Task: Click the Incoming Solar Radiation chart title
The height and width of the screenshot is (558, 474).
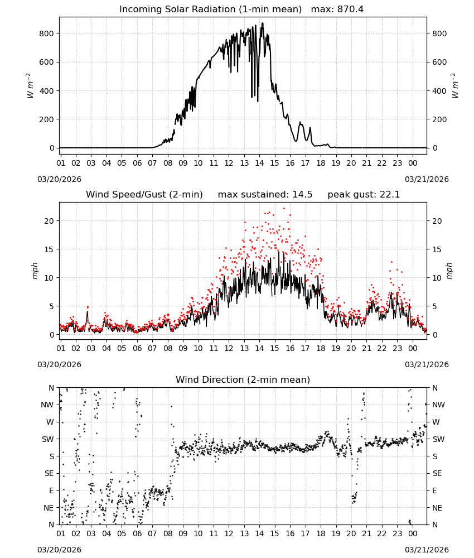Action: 210,9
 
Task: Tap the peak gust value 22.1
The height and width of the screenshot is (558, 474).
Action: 389,194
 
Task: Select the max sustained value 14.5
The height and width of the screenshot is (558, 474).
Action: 302,194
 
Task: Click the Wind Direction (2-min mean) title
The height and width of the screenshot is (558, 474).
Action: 243,379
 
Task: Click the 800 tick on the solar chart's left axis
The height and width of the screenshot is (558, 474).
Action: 46,33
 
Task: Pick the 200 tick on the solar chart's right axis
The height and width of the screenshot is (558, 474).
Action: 439,119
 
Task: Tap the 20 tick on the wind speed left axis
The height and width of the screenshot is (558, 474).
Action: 49,221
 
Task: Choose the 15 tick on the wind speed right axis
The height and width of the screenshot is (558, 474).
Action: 437,249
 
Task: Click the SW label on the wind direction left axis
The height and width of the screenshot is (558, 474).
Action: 48,439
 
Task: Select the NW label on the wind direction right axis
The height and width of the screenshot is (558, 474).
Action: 438,405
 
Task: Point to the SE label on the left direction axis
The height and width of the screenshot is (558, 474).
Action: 49,473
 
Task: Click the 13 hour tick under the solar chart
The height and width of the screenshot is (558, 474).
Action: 244,163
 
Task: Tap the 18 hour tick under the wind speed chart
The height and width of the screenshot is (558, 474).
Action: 321,348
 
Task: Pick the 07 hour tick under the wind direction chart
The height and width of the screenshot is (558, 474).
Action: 152,533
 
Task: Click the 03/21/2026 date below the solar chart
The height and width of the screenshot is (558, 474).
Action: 427,179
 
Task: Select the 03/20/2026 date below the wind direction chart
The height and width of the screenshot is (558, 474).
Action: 59,550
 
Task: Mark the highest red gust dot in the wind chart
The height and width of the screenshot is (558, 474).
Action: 284,209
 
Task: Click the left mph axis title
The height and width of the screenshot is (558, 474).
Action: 35,271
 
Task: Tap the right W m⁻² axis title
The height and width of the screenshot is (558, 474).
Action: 455,86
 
